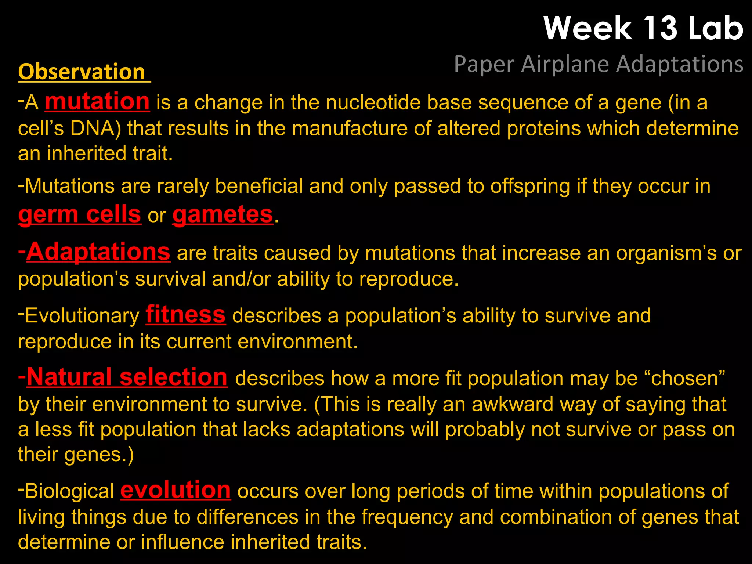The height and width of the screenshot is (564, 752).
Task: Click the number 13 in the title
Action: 660,28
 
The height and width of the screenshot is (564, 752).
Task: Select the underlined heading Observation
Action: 82,72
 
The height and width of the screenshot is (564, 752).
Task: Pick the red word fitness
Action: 185,315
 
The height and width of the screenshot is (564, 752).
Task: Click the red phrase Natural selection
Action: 127,377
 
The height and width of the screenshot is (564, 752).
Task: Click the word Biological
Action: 69,491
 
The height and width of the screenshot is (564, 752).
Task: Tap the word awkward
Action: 512,404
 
